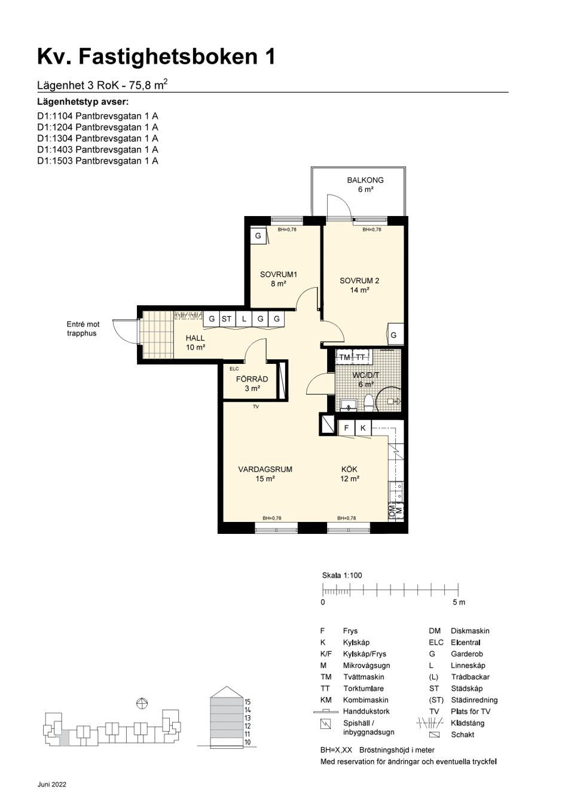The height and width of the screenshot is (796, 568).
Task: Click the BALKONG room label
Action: tap(365, 180)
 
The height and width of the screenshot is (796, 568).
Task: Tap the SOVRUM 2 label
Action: tap(359, 281)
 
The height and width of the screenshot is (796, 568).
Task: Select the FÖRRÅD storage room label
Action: tap(252, 379)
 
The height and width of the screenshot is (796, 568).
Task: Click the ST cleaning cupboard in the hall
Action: tap(227, 319)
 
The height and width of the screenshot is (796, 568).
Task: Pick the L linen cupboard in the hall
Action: tap(244, 319)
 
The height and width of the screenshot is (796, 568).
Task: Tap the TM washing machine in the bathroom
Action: tap(344, 357)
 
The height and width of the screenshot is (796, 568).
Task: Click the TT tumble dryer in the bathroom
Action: tap(360, 357)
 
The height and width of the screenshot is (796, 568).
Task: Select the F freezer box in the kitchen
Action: tap(347, 428)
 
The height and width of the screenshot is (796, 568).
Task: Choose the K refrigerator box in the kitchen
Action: tap(363, 428)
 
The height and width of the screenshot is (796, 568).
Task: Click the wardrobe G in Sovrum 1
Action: tap(258, 236)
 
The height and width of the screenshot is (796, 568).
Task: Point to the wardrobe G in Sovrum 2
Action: tap(393, 335)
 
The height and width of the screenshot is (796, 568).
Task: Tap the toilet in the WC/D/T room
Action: tap(368, 402)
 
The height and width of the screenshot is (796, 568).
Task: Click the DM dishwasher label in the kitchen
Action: tap(392, 511)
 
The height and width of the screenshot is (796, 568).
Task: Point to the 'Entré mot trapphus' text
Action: tap(83, 329)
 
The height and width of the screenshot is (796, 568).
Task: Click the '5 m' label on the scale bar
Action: tap(459, 602)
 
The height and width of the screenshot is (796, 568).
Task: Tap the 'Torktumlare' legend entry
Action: tap(363, 689)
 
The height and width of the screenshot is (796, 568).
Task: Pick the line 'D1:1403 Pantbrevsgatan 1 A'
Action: tap(97, 150)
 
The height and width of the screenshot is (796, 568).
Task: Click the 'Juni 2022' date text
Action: tap(52, 785)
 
